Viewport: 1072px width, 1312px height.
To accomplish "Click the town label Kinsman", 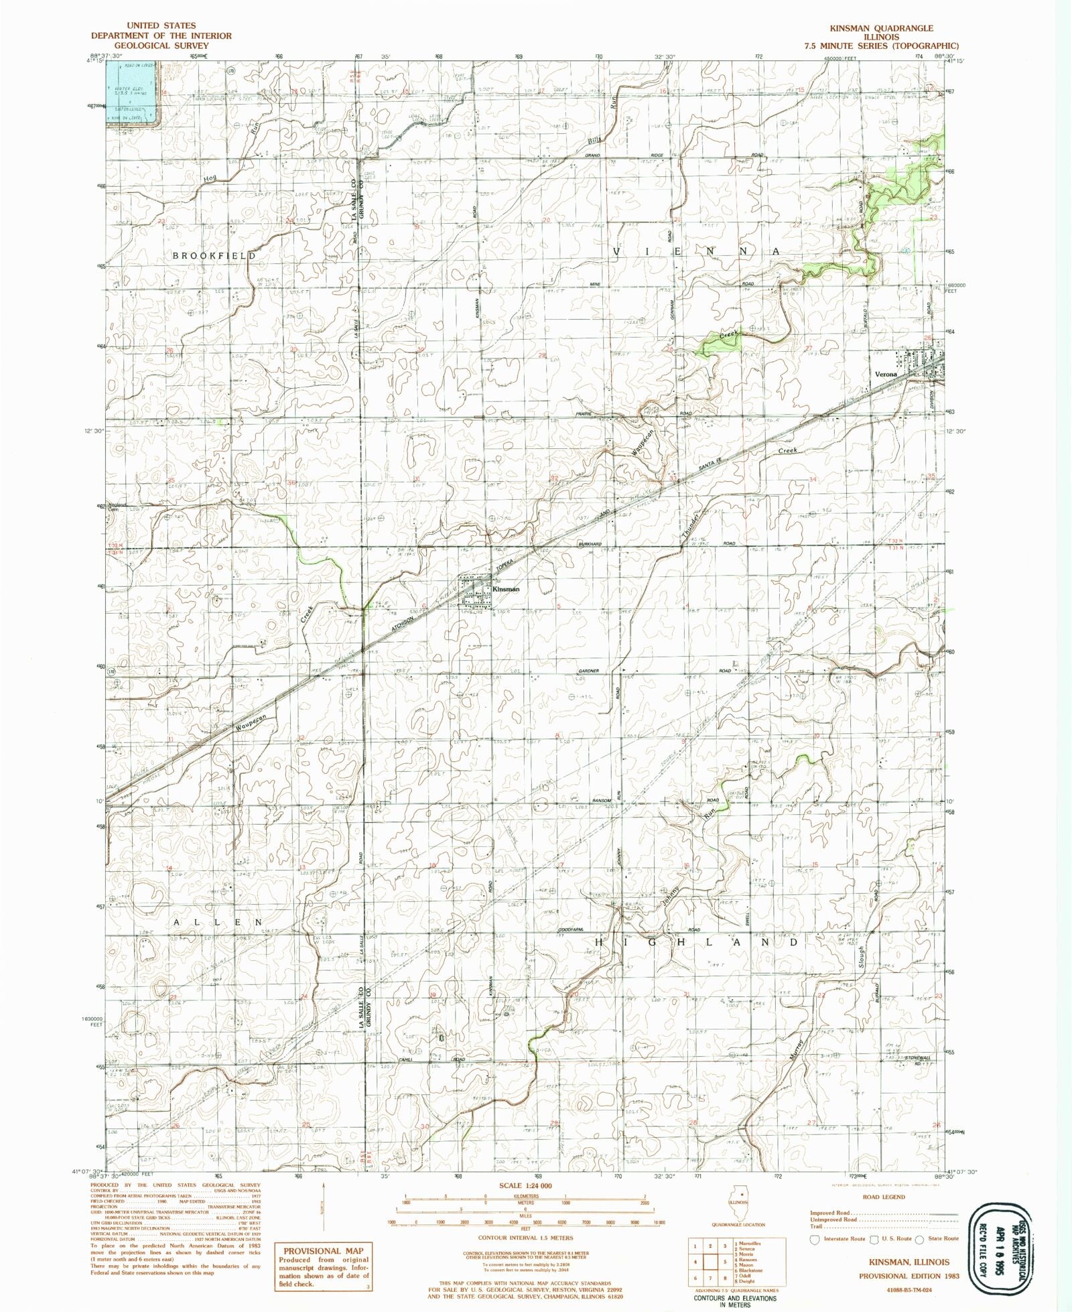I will [506, 589].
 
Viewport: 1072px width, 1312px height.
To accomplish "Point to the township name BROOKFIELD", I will [214, 256].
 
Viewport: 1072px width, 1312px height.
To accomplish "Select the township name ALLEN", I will [218, 922].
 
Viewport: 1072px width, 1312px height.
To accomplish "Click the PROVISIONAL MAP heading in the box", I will [323, 1250].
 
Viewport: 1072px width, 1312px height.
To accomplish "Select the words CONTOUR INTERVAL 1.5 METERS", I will [526, 1238].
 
